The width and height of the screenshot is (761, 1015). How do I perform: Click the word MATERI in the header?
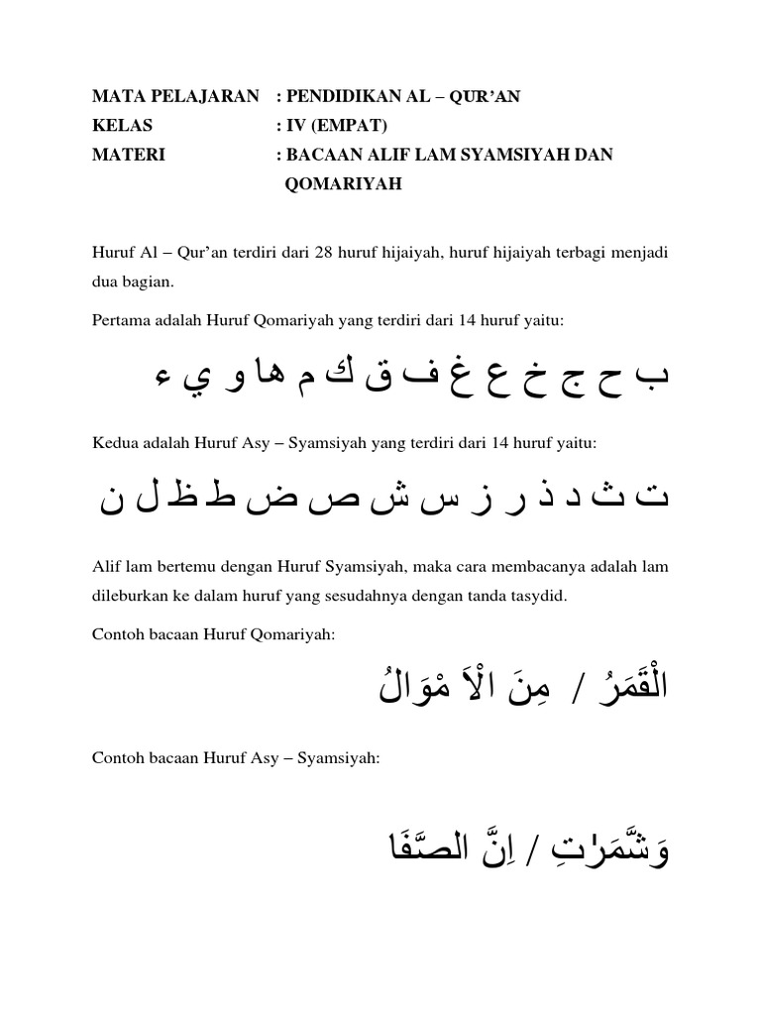point(128,155)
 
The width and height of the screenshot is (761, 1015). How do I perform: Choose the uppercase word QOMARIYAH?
point(343,183)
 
